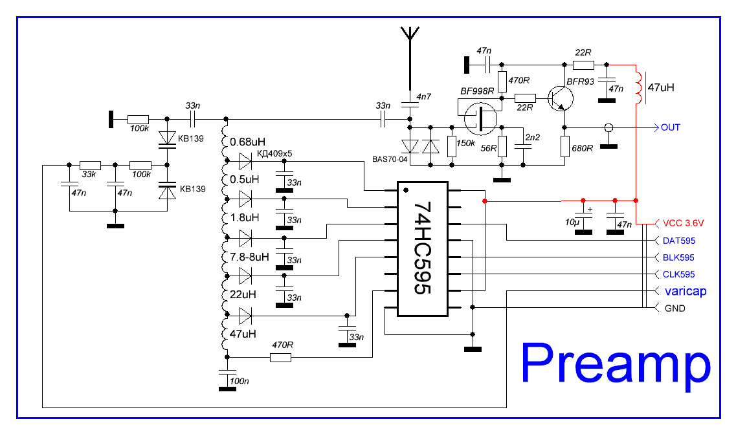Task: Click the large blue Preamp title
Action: click(616, 366)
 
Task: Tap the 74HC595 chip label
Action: click(422, 249)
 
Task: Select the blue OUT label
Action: click(671, 127)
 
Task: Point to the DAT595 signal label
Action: click(679, 241)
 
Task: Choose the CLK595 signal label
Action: click(679, 274)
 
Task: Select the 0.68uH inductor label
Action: click(249, 141)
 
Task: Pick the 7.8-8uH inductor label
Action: click(249, 257)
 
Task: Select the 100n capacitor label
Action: click(240, 381)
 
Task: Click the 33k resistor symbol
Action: click(91, 165)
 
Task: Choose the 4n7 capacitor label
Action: click(424, 97)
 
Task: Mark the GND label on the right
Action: click(675, 309)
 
